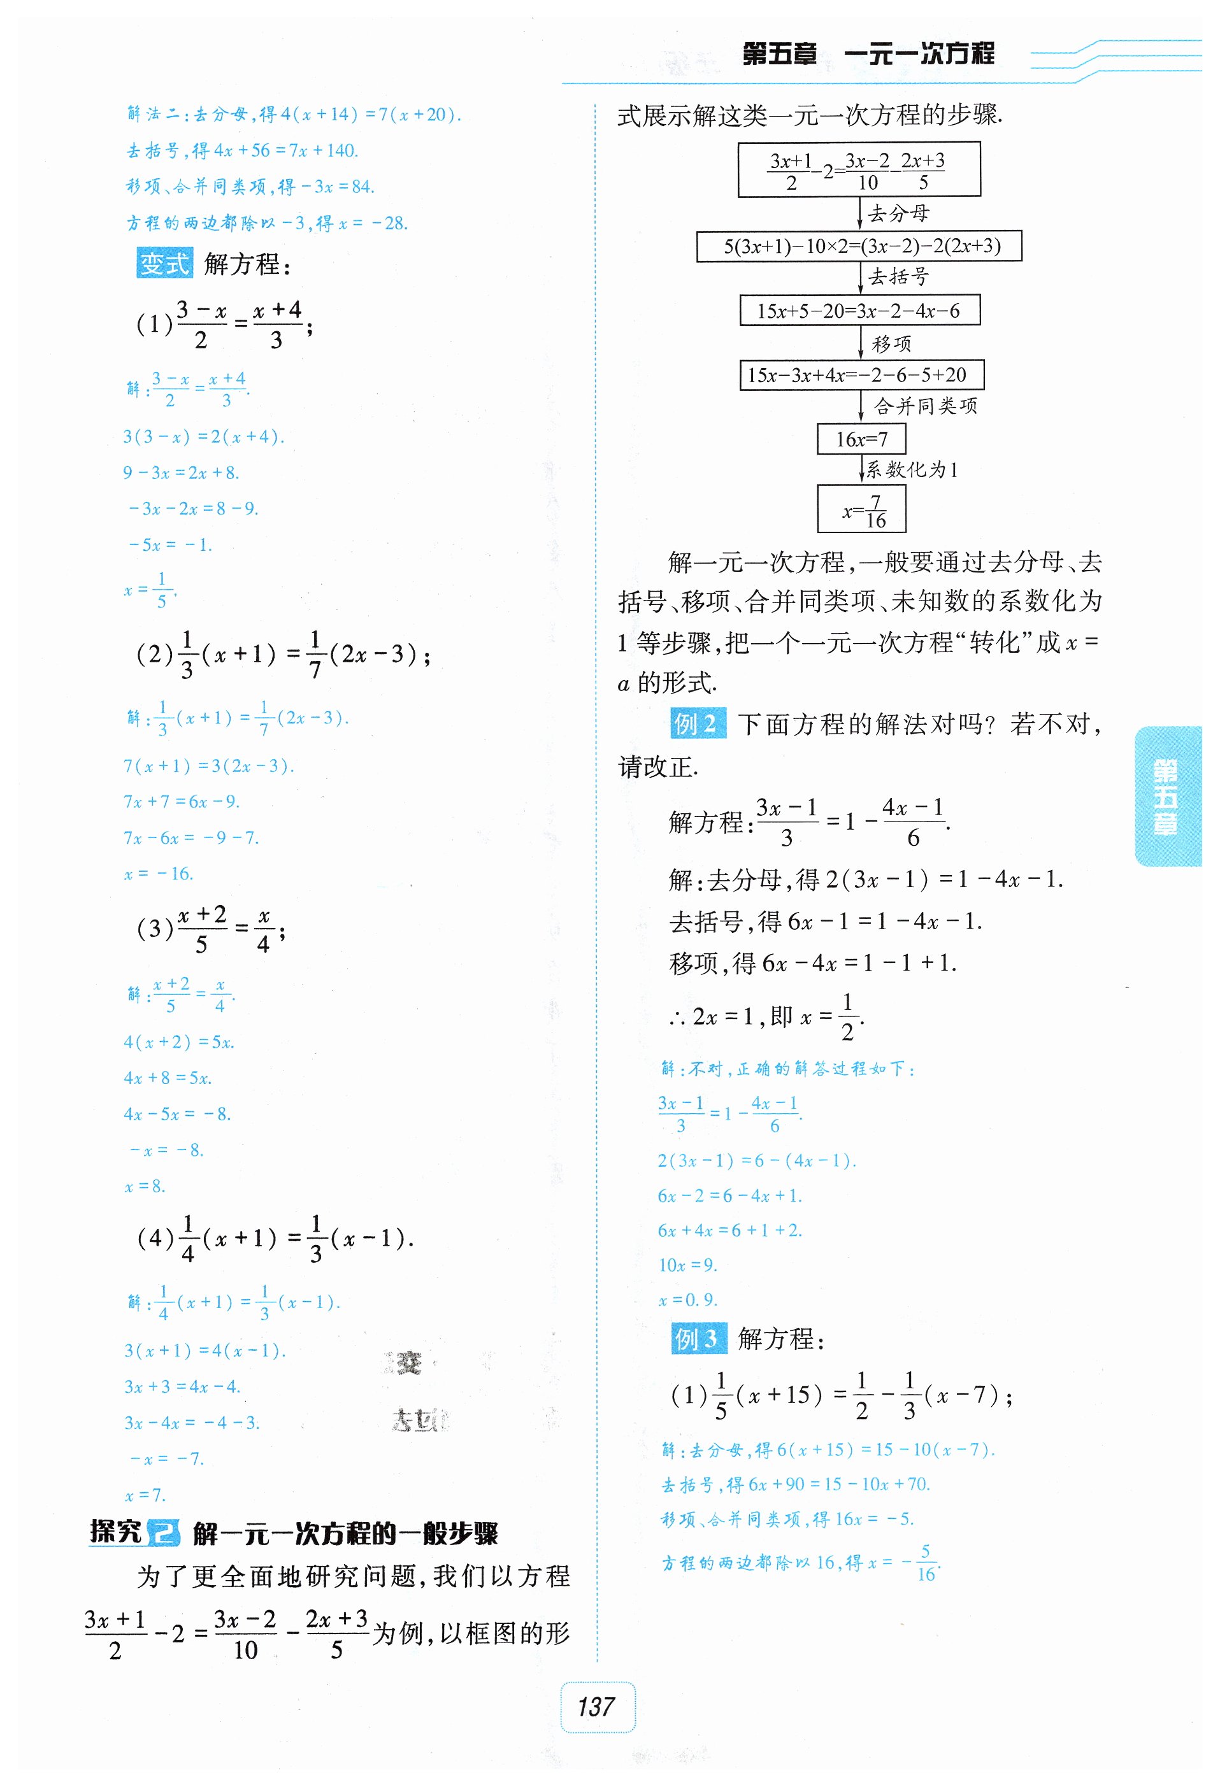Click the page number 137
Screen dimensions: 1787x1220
[x=597, y=1707]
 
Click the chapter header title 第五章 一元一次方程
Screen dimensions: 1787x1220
[x=868, y=54]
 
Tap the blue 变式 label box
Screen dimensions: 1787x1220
[x=164, y=263]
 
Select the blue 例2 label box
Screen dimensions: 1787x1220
[x=697, y=723]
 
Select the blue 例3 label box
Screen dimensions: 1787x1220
[x=698, y=1339]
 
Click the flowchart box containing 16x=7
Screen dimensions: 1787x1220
[x=861, y=439]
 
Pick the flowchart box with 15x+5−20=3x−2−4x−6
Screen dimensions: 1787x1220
[x=859, y=311]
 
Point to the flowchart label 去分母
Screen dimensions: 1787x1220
[x=898, y=213]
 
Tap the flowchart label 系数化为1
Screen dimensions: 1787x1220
[x=912, y=469]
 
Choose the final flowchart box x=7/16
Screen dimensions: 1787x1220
[x=861, y=509]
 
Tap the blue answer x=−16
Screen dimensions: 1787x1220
[x=159, y=874]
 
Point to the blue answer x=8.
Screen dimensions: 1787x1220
[x=145, y=1186]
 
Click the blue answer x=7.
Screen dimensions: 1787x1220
[x=145, y=1495]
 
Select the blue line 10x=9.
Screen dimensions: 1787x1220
[x=687, y=1265]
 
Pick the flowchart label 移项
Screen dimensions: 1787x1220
[x=891, y=344]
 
